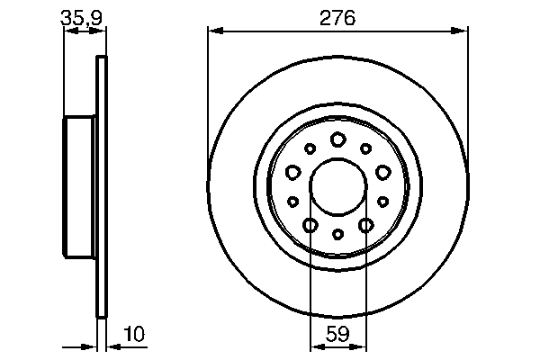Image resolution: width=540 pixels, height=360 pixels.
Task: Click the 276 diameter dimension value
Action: click(337, 17)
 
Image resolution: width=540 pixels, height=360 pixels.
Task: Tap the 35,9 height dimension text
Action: click(77, 17)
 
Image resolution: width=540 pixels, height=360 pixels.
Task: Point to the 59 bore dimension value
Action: click(337, 334)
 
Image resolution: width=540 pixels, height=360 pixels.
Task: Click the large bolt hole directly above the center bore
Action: click(337, 139)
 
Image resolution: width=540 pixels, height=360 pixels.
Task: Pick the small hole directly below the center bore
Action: click(337, 234)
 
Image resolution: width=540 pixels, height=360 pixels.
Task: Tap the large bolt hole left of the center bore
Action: click(292, 171)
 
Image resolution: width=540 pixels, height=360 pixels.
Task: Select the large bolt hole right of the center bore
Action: click(382, 171)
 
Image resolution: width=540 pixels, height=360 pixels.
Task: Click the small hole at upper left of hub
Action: click(310, 148)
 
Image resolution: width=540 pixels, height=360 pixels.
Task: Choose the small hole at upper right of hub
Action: click(365, 148)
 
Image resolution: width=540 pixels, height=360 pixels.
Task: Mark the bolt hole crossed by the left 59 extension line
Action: click(310, 225)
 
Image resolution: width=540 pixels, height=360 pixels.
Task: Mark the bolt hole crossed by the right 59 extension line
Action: click(365, 225)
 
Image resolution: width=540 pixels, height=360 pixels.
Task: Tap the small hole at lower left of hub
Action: click(292, 202)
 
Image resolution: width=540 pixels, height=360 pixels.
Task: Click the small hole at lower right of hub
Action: click(382, 202)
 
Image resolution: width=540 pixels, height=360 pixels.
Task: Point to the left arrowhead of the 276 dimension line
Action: click(213, 31)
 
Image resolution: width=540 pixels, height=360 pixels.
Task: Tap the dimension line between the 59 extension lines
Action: click(337, 346)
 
